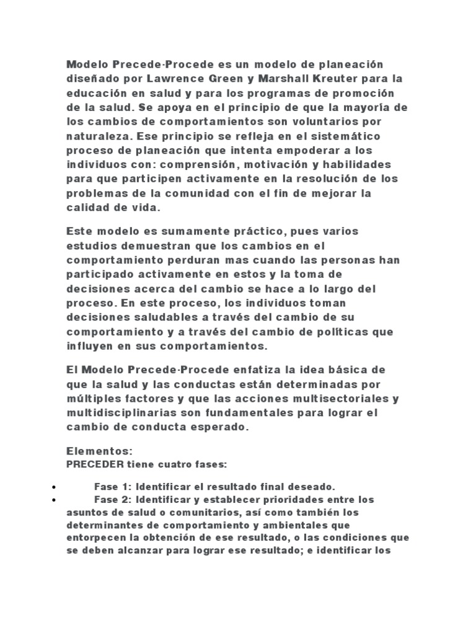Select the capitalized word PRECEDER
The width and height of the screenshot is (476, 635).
pyautogui.click(x=95, y=463)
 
